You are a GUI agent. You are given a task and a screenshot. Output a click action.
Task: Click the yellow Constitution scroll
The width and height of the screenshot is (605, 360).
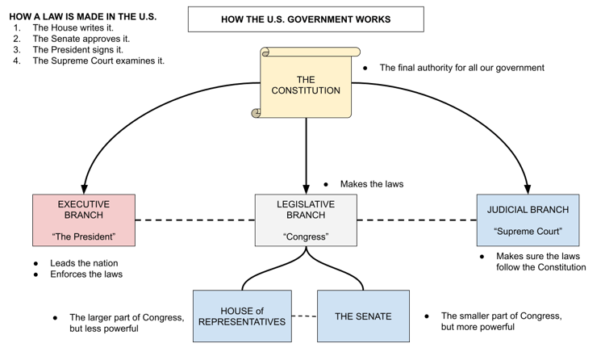[x=306, y=82]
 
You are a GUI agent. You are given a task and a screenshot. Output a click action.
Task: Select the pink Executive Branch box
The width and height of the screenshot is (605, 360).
[x=84, y=220]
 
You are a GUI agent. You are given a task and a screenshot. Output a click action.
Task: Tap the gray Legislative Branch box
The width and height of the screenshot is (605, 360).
[x=306, y=220]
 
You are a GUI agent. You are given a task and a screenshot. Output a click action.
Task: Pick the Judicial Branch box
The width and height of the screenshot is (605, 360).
[x=528, y=220]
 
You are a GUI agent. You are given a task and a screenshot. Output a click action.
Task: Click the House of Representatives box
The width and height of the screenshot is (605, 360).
[x=242, y=316]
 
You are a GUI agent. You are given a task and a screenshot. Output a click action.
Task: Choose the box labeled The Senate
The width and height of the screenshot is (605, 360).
[x=363, y=316]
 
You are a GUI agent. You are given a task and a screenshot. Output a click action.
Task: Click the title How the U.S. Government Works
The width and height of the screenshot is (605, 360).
[x=306, y=19]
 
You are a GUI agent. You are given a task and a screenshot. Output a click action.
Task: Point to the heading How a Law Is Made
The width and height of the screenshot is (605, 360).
[x=83, y=17]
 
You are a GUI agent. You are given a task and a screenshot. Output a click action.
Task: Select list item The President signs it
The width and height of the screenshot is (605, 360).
[x=78, y=50]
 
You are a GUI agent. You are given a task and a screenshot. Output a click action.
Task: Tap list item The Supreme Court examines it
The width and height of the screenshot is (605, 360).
[x=98, y=61]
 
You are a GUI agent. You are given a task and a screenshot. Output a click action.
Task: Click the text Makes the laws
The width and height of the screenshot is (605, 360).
[x=372, y=184]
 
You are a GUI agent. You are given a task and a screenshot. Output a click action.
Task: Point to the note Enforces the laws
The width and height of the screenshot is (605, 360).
[x=86, y=274]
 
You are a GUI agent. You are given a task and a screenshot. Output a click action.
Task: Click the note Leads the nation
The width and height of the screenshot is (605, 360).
[x=84, y=263]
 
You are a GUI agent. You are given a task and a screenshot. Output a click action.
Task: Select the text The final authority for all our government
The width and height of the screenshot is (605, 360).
[x=462, y=68]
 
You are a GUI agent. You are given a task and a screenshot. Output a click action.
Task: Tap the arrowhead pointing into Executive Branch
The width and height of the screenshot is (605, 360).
[x=84, y=189]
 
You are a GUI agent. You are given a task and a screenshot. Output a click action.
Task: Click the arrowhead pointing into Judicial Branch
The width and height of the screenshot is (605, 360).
[x=528, y=189]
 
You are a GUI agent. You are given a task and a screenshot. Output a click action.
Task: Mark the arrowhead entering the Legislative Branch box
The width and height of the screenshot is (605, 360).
[x=306, y=189]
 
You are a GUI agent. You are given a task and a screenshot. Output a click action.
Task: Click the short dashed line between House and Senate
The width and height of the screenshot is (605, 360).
[x=304, y=316]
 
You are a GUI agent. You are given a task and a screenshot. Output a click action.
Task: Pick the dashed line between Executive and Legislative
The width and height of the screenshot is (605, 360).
[x=195, y=220]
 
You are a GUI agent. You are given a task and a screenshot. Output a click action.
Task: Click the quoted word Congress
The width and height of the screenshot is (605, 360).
[x=306, y=237]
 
